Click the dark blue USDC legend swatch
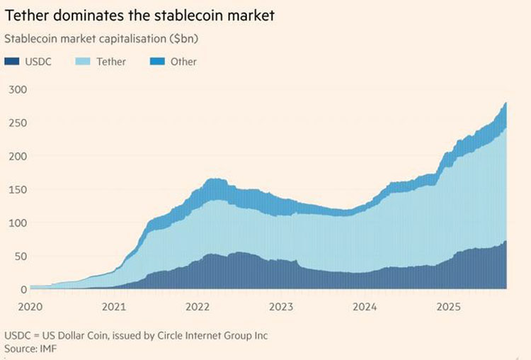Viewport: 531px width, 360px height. coord(11,62)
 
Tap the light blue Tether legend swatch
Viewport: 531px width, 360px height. coord(81,62)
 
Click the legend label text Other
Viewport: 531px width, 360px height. coord(183,62)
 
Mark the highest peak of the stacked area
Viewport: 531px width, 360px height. coord(506,103)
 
